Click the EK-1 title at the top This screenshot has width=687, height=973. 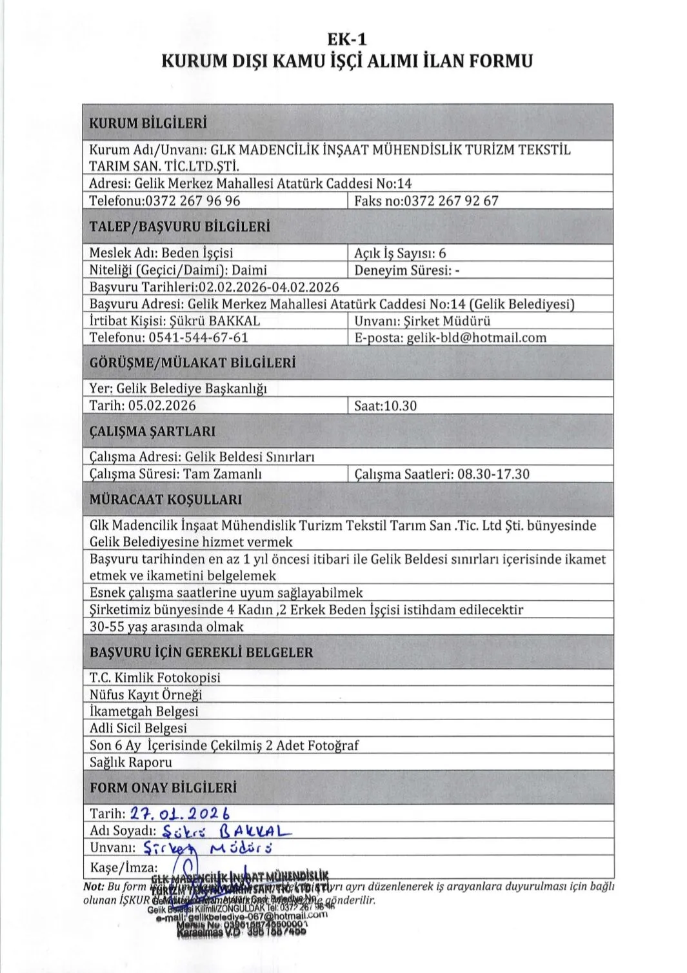pyautogui.click(x=347, y=39)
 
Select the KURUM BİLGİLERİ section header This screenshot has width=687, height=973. pyautogui.click(x=148, y=123)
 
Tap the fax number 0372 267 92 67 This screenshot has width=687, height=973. pyautogui.click(x=450, y=201)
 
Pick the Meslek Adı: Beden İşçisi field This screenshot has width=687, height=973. pyautogui.click(x=161, y=253)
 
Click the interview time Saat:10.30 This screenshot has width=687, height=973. pyautogui.click(x=385, y=406)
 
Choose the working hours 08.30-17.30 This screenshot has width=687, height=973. pyautogui.click(x=493, y=474)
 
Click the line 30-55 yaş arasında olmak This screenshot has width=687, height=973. pyautogui.click(x=166, y=627)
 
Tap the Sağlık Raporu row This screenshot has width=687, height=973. pyautogui.click(x=131, y=762)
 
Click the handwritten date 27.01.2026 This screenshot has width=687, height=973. pyautogui.click(x=179, y=814)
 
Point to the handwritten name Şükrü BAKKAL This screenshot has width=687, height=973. pyautogui.click(x=226, y=830)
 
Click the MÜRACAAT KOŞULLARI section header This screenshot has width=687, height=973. pyautogui.click(x=166, y=499)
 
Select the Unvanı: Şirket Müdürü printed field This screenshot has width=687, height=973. pyautogui.click(x=423, y=321)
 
